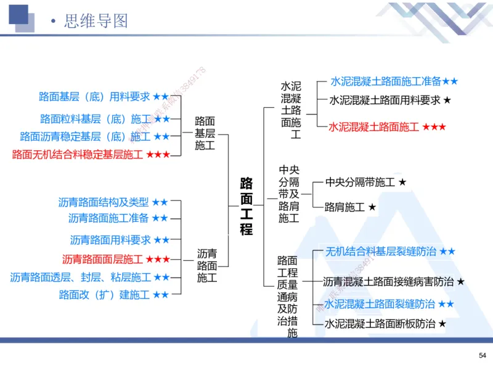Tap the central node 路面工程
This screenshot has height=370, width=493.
pos(246,206)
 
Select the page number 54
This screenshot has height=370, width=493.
pos(482,355)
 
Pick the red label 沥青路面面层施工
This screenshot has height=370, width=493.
pos(102,259)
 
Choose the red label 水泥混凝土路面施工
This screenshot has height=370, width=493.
pos(374,127)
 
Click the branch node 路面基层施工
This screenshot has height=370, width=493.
pos(205,133)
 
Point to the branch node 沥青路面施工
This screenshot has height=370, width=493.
pos(207,265)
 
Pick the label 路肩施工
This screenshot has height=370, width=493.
pos(345,207)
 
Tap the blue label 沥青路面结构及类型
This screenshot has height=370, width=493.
pos(104,202)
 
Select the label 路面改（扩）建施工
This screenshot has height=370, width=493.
pos(104,295)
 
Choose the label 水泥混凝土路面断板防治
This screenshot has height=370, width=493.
pos(380,323)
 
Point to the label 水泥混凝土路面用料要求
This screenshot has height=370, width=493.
pos(385,100)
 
